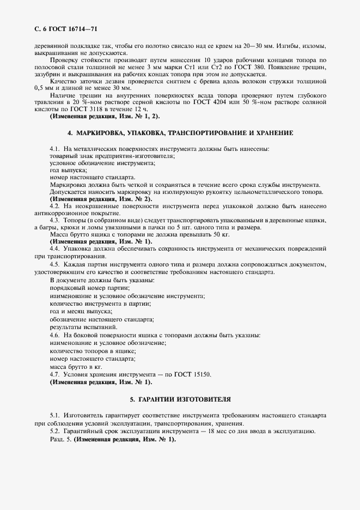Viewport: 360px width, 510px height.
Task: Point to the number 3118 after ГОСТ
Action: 77,110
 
